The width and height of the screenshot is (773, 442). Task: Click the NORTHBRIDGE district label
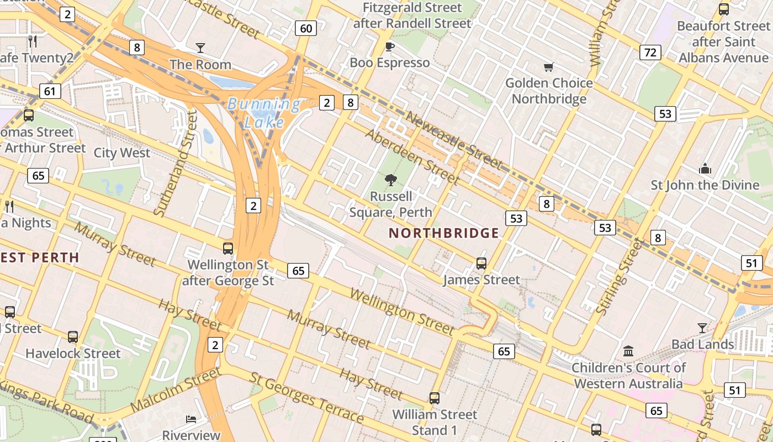click(444, 233)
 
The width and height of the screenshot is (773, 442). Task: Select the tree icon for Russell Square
click(391, 180)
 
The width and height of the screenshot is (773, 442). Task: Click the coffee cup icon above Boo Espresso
click(389, 46)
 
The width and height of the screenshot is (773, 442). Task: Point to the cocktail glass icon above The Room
click(200, 48)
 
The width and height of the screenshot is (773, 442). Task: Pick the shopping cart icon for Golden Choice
click(548, 67)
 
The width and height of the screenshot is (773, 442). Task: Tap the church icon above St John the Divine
click(705, 169)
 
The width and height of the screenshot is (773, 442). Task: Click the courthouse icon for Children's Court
click(628, 351)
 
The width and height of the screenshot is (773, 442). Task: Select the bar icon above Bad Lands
click(702, 328)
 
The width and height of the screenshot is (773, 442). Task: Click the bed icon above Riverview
click(191, 419)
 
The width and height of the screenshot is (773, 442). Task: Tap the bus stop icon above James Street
click(481, 264)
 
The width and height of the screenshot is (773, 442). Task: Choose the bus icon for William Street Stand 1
click(435, 398)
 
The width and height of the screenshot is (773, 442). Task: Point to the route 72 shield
click(650, 52)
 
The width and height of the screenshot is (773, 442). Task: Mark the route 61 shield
click(50, 91)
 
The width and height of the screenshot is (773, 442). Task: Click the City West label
click(121, 153)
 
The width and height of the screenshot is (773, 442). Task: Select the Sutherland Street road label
click(175, 163)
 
